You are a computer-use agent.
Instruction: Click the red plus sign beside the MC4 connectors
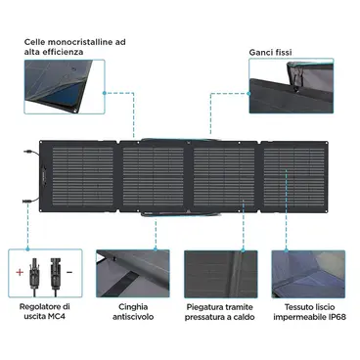pos(20,272)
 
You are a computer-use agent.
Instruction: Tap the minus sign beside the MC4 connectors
pos(69,271)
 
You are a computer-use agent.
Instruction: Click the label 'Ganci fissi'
pos(270,52)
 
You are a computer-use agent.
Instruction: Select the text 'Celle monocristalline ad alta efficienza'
pos(75,47)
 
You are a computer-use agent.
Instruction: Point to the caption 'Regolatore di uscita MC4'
pos(45,311)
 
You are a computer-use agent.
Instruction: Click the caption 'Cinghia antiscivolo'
pos(133,311)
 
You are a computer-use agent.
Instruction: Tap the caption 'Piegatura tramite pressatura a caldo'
pos(220,312)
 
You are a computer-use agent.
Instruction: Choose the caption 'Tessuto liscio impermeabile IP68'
pos(309,312)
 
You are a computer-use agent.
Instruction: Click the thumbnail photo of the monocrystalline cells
pos(65,86)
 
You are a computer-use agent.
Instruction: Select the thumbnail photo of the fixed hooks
pos(292,86)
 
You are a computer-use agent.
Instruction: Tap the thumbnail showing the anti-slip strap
pos(133,274)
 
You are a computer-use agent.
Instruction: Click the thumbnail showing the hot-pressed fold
pos(221,274)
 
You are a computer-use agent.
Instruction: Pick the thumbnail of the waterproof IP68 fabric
pos(308,274)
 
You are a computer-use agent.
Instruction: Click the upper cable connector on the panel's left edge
pos(28,152)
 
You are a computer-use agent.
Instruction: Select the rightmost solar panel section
pos(294,176)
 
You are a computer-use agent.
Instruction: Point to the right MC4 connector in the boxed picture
pos(54,276)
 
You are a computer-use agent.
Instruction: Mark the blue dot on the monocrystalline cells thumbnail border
pos(105,93)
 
